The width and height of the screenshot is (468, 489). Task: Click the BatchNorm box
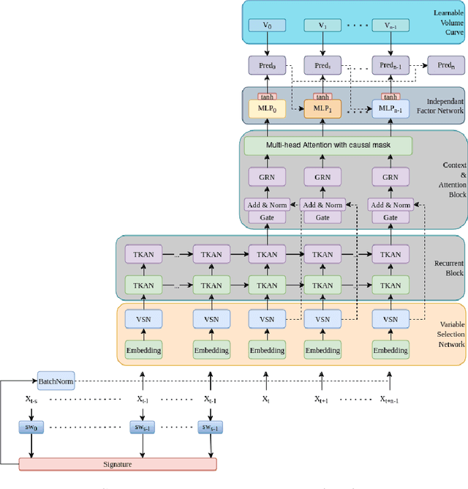tap(56, 381)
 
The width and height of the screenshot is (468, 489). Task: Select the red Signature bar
tap(117, 463)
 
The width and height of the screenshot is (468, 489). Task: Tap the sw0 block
tap(31, 426)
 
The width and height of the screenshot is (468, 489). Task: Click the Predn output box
tap(445, 64)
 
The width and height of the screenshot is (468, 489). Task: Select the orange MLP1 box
tap(322, 110)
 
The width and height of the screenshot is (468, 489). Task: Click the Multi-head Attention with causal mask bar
tap(328, 145)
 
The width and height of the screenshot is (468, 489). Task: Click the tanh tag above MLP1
tap(323, 97)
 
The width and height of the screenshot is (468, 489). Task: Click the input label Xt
tap(265, 399)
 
